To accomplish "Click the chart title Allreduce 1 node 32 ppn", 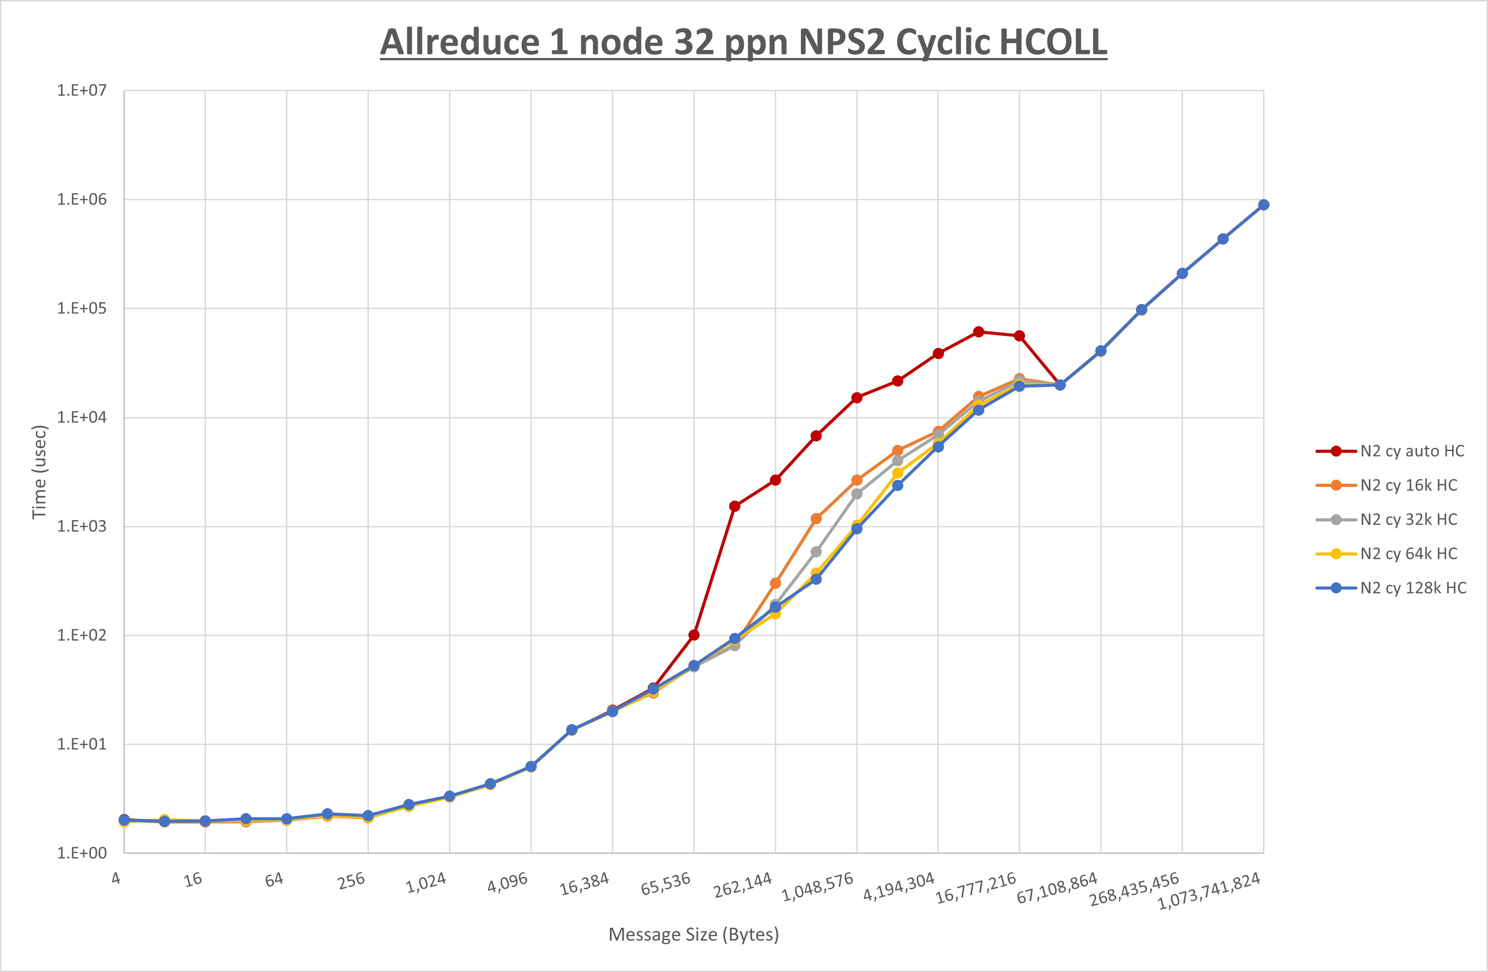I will click(x=743, y=42).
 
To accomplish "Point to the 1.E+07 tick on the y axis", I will click(x=82, y=91).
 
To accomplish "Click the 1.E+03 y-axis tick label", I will click(x=82, y=526).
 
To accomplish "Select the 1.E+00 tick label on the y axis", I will click(x=82, y=853).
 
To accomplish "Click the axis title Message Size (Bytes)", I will click(x=693, y=934).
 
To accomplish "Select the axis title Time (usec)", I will click(x=39, y=472).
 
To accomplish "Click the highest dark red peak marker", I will click(x=978, y=332).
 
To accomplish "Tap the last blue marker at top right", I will click(x=1264, y=205).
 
